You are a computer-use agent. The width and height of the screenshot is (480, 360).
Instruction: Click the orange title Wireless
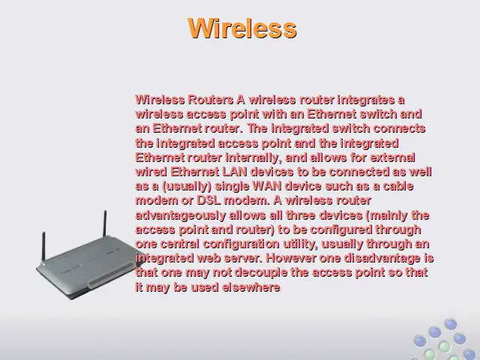click(x=242, y=28)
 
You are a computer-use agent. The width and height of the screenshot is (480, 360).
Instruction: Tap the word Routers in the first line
click(x=210, y=100)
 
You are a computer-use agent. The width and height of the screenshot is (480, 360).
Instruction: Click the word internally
click(x=253, y=158)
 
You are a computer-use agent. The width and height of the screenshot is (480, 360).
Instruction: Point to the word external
click(x=392, y=157)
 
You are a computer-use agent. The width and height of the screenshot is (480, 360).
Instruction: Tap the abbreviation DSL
click(x=208, y=200)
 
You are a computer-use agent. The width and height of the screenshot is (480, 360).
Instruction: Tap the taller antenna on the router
click(x=105, y=223)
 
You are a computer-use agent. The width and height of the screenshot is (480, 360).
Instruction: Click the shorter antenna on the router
click(x=43, y=247)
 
